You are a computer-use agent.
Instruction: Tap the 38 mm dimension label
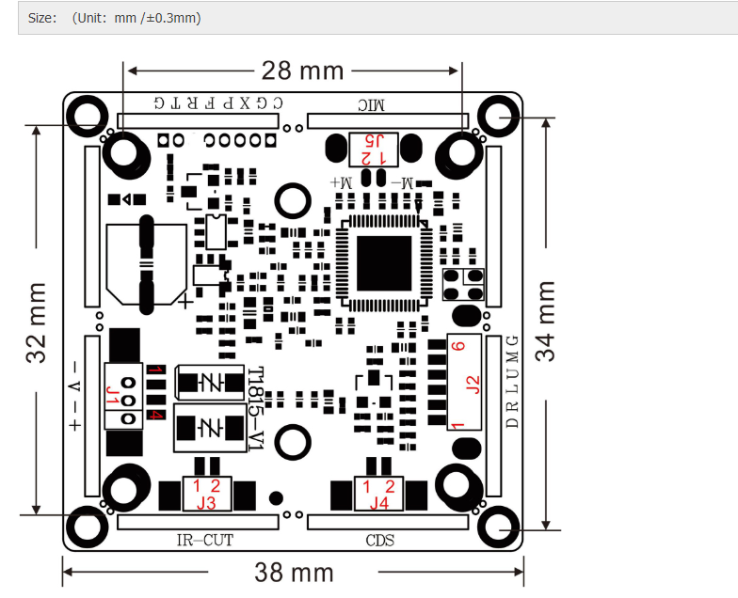[294, 572]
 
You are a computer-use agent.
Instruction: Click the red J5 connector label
[374, 141]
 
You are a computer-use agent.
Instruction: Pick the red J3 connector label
[206, 503]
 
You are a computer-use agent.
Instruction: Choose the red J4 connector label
[378, 503]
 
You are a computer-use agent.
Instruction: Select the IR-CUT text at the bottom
[204, 540]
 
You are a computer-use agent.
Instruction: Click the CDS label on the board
[379, 540]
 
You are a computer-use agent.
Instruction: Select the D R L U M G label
[512, 381]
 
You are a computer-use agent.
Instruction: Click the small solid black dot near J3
[276, 497]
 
